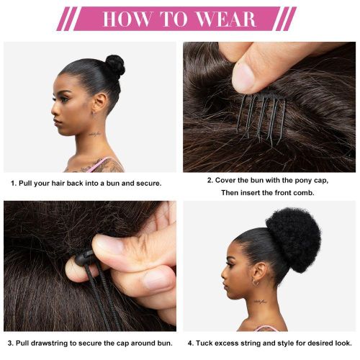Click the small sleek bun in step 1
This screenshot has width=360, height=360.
[x=114, y=66]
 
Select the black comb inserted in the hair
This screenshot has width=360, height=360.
[x=261, y=115]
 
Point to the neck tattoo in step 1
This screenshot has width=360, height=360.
[x=95, y=135]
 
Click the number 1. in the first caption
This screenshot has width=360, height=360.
[x=14, y=184]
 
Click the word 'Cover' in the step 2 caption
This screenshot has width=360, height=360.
[x=228, y=180]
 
